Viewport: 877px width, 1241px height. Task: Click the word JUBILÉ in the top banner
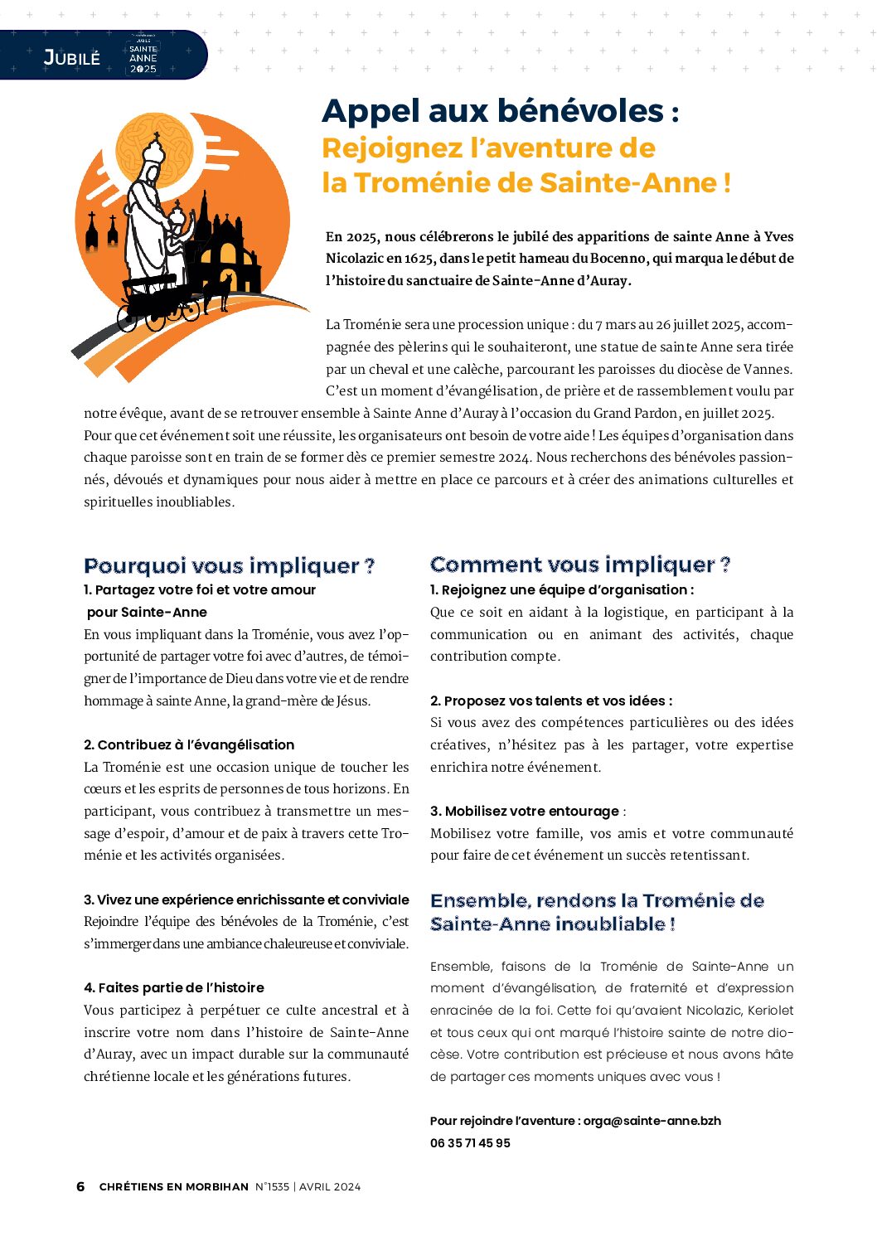click(x=71, y=57)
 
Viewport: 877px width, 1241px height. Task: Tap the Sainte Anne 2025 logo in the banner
click(x=143, y=56)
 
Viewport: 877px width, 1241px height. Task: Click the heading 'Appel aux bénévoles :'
click(x=500, y=111)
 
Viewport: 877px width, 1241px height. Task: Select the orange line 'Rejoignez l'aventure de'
click(x=488, y=148)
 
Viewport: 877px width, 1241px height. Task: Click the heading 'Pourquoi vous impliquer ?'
click(x=229, y=566)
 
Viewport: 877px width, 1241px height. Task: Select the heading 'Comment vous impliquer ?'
click(x=579, y=565)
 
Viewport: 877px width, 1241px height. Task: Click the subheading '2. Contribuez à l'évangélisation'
click(x=189, y=744)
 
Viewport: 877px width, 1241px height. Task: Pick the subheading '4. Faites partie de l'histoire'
click(x=174, y=987)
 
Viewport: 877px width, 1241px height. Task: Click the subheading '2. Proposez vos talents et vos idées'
click(x=550, y=700)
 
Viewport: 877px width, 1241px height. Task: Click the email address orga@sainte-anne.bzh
click(x=652, y=1121)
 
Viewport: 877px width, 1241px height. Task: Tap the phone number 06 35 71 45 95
click(x=470, y=1142)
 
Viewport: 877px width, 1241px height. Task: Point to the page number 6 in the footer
click(x=80, y=1186)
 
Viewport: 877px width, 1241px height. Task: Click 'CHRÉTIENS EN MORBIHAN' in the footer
click(x=174, y=1186)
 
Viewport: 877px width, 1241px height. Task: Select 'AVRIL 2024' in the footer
click(x=330, y=1186)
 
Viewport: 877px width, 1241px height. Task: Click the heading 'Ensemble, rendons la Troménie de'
click(x=597, y=900)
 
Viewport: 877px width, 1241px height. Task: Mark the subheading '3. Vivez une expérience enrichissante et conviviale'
click(x=246, y=899)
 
